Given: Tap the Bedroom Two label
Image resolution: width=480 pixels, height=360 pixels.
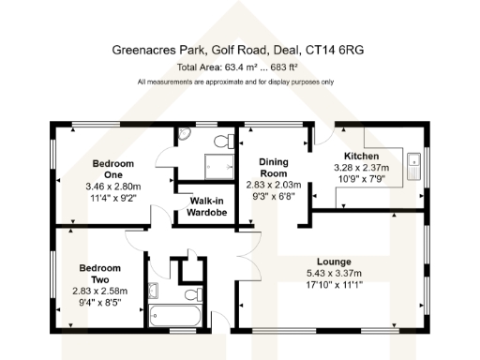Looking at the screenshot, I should point(100,273).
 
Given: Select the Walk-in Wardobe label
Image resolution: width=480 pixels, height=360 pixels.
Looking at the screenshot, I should point(207,206).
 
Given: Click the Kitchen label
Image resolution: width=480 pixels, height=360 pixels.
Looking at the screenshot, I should point(361,156).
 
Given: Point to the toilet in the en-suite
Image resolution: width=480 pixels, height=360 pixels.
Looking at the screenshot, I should point(222,142).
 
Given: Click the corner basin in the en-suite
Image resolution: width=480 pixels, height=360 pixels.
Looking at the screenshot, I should point(184,136).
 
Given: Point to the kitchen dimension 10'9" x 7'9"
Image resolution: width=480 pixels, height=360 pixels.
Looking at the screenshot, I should point(361,178).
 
